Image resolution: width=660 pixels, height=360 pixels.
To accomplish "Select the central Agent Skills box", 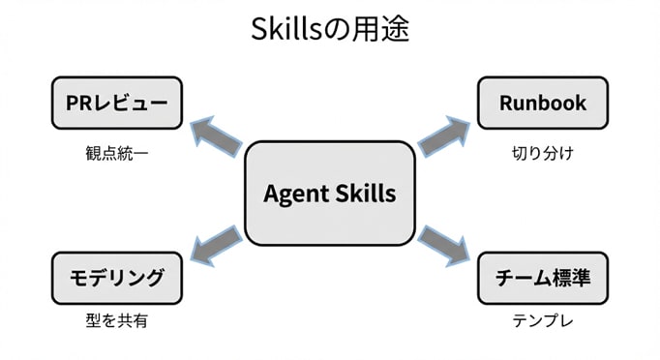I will click(329, 193).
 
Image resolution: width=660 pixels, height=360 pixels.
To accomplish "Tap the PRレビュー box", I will click(117, 103).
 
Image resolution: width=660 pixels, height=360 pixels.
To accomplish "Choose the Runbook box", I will click(542, 103).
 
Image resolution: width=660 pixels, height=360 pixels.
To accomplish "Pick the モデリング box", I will click(117, 279).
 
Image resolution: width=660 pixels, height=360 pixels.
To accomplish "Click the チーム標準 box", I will click(542, 279).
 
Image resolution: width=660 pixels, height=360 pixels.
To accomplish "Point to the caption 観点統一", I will click(117, 153).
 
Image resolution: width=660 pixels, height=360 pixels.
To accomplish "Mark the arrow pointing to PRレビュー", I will click(215, 135).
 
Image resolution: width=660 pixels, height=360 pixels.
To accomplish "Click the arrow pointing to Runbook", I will click(444, 135).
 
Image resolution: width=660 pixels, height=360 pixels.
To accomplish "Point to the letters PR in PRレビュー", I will click(78, 103).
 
